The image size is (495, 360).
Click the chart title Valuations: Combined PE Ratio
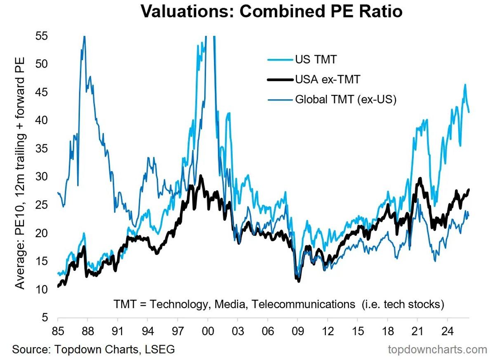coord(271,12)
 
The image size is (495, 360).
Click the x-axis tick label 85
coord(58,332)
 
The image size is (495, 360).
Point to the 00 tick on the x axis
coord(208,332)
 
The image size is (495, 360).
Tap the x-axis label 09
coord(298,332)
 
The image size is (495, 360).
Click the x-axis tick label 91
coord(118,332)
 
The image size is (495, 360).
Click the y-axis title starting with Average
coord(20,173)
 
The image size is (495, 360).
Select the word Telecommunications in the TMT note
coord(304,305)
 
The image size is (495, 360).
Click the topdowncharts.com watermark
coord(438,350)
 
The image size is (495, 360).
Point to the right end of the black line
coord(469,189)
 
